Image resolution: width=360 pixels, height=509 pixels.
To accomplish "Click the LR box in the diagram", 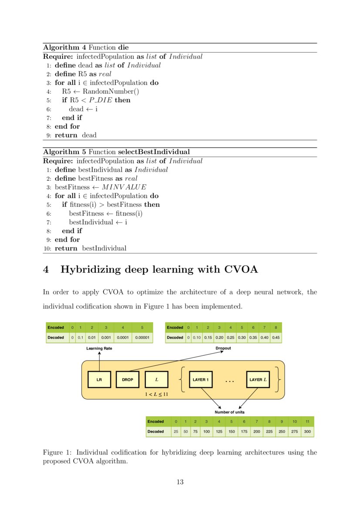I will click(99, 380).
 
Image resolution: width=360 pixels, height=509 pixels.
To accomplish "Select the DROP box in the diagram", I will click(127, 380).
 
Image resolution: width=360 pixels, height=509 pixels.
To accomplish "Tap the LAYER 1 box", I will click(201, 380).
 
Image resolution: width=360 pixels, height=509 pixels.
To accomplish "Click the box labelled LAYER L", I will click(258, 380).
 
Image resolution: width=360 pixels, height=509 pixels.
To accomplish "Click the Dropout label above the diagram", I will click(223, 348).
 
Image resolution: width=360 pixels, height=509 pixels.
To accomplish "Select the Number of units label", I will click(229, 412).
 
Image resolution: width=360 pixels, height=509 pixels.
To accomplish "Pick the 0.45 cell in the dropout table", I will click(276, 337).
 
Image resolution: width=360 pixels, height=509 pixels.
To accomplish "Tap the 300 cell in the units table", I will click(307, 431).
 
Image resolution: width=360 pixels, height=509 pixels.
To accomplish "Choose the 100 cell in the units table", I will click(206, 431).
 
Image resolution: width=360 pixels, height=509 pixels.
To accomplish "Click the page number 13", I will click(180, 482).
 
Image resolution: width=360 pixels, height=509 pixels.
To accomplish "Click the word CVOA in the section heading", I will click(241, 270).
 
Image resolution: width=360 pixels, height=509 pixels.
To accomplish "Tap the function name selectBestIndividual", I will click(154, 152).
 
